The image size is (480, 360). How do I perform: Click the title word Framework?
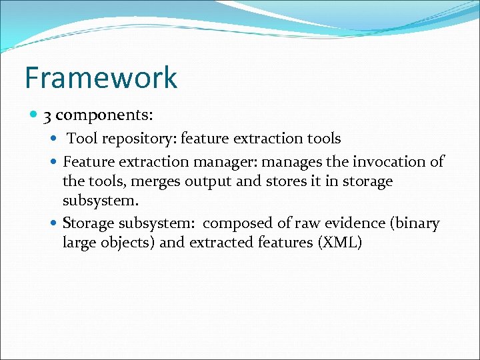coord(101,77)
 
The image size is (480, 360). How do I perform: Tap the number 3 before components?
coord(47,115)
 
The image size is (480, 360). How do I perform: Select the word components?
coord(105,116)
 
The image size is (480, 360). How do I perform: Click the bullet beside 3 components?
coord(33,115)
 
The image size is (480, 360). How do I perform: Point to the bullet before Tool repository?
coord(55,139)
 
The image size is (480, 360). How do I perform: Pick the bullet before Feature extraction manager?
coord(55,162)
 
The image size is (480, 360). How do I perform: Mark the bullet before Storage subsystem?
coord(55,223)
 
